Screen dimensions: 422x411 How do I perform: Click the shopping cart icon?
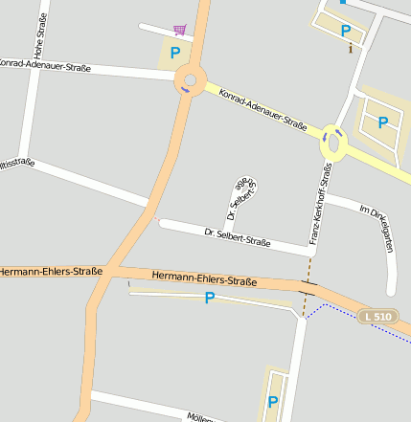point(180,31)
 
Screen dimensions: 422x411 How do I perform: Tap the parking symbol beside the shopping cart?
point(174,54)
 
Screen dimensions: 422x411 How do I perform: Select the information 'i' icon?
point(351,47)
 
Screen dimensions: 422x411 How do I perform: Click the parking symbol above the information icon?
point(345,31)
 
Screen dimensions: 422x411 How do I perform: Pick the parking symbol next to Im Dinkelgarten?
point(382,122)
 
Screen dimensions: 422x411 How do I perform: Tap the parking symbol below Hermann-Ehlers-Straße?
point(209,299)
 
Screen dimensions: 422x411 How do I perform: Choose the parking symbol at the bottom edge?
point(273,402)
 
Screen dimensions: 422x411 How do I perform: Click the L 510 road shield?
point(377,316)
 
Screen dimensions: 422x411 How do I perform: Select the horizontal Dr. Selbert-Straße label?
point(238,235)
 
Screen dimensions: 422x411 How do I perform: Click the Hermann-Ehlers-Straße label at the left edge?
point(51,272)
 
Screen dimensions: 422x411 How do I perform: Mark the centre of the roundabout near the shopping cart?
point(189,81)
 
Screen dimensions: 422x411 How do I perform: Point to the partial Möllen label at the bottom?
point(200,417)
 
